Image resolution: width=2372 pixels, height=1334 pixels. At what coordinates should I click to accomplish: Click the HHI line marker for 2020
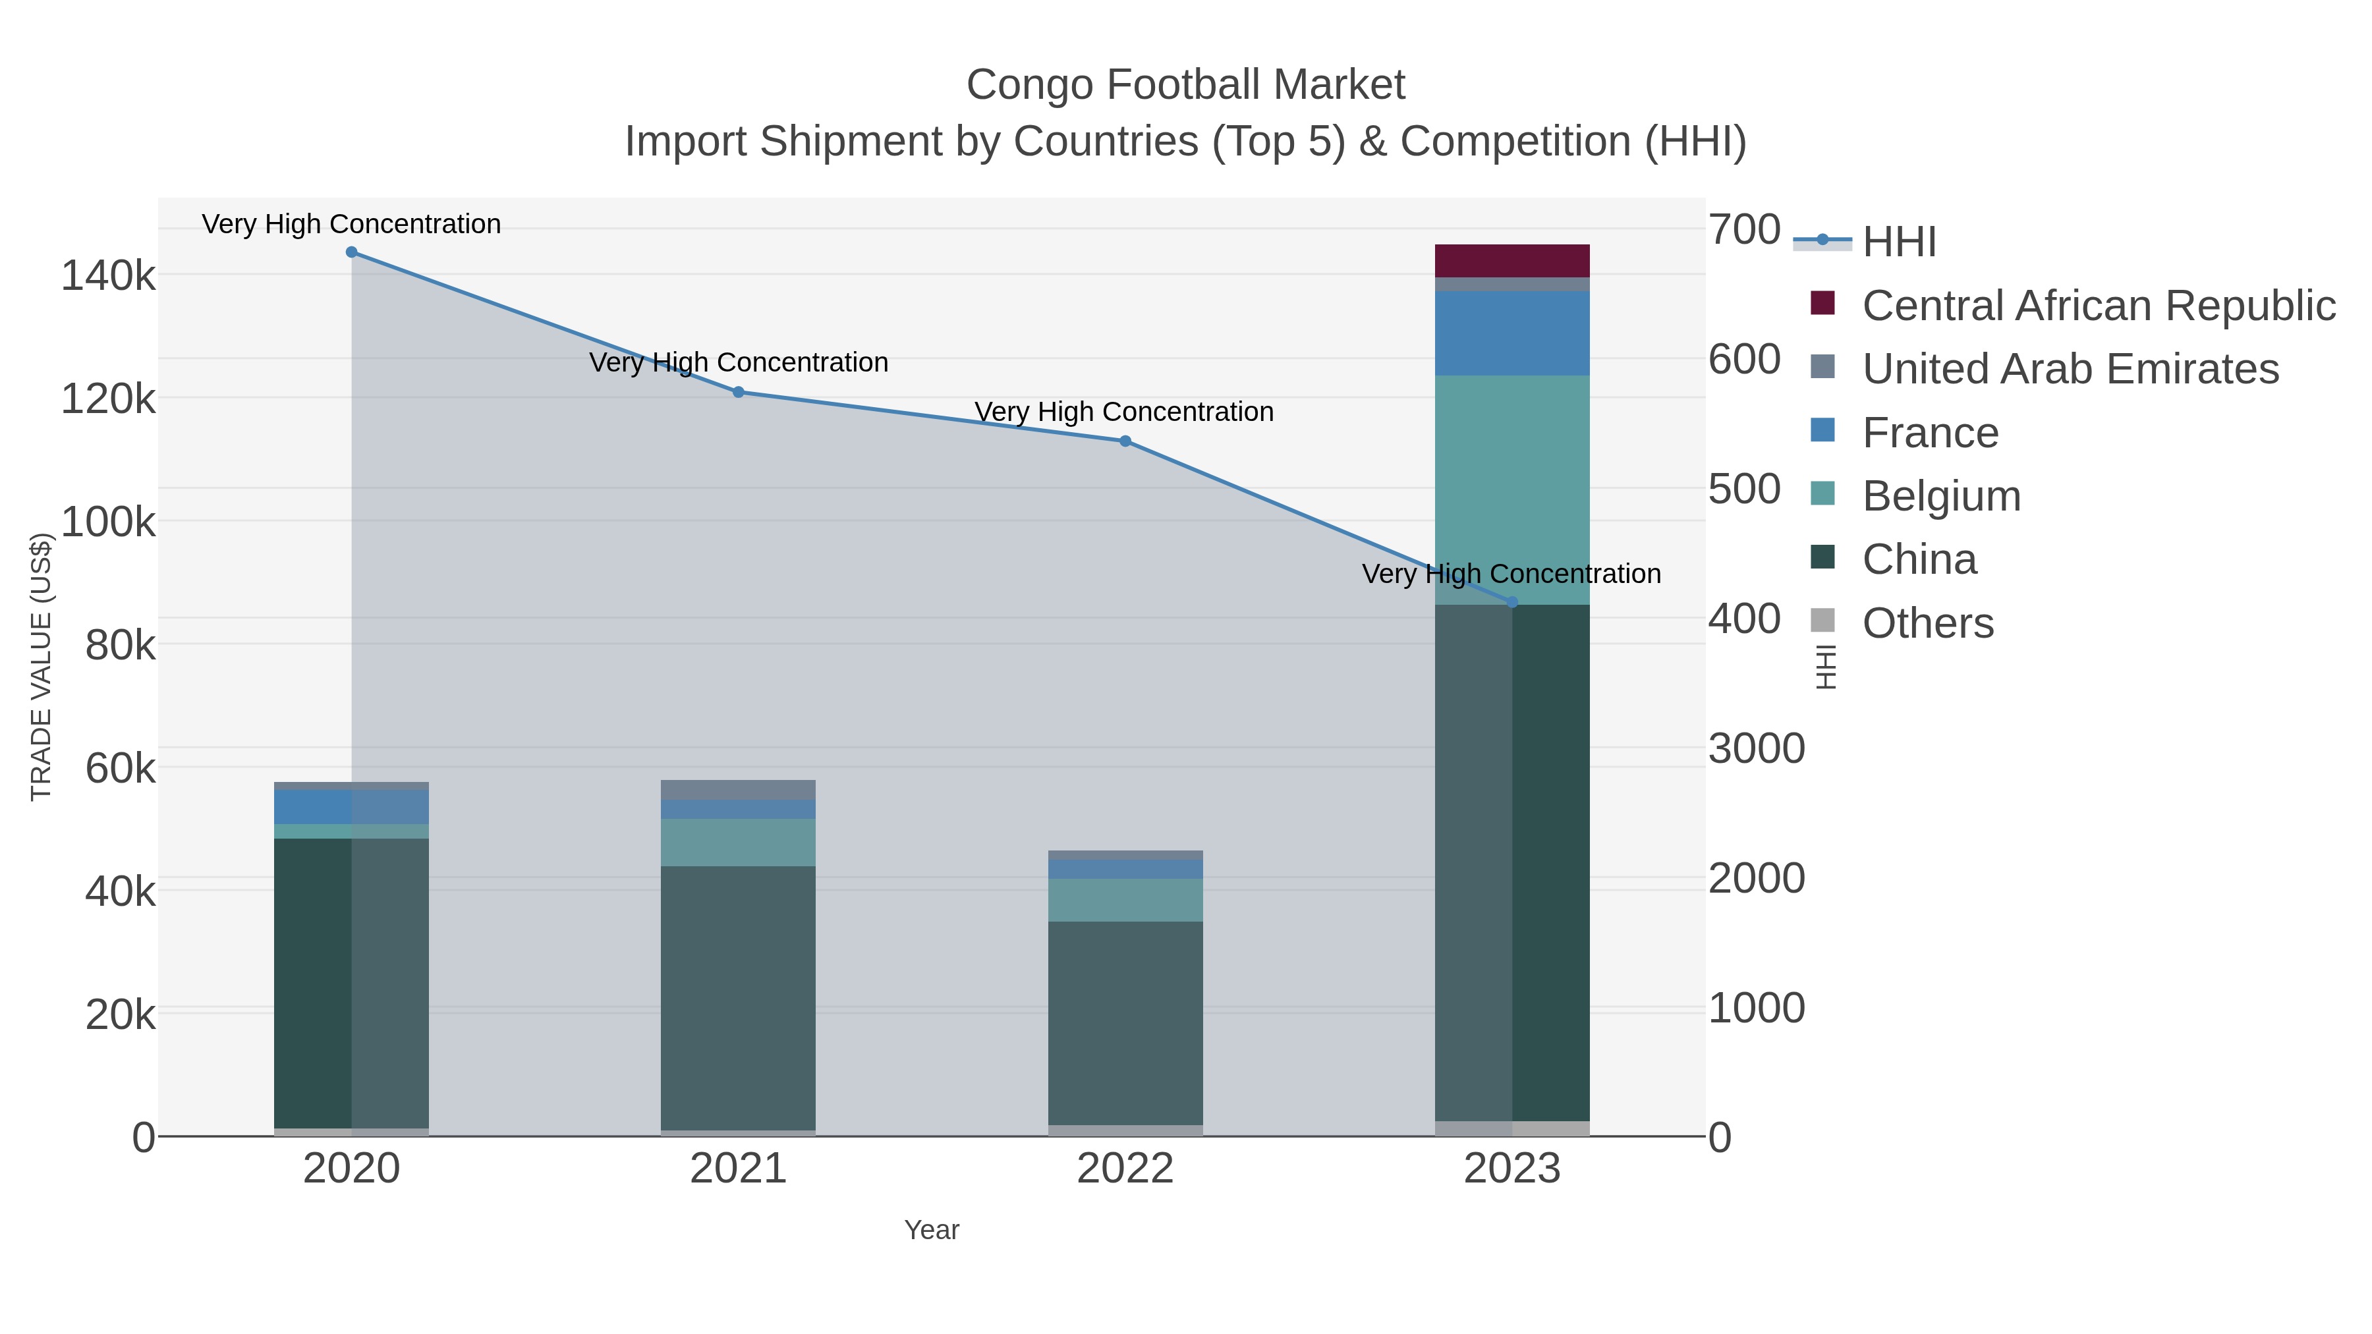[x=352, y=252]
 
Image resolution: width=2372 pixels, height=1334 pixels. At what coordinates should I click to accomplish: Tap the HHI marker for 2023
[x=1512, y=602]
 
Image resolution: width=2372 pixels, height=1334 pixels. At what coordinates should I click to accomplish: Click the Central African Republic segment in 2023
[x=1512, y=260]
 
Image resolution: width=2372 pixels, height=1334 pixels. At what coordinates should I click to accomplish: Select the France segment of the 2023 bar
[x=1512, y=333]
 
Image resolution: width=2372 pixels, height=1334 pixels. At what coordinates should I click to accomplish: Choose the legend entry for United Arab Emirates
[x=2070, y=369]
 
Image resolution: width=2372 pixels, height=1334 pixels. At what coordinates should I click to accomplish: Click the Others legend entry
[x=1927, y=623]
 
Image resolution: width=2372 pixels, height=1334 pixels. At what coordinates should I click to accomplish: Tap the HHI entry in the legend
[x=1899, y=242]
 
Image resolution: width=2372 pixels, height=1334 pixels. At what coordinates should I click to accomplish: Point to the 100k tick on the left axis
[x=109, y=522]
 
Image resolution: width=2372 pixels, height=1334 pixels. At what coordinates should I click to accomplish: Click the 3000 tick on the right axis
[x=1756, y=748]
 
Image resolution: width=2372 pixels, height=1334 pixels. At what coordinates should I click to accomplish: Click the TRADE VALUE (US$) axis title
[x=42, y=667]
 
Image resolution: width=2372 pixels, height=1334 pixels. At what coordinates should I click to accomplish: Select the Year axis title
[x=931, y=1230]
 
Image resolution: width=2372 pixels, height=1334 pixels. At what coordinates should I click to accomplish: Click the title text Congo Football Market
[x=1185, y=85]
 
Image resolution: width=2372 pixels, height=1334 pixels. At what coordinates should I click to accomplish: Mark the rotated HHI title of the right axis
[x=1825, y=667]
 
